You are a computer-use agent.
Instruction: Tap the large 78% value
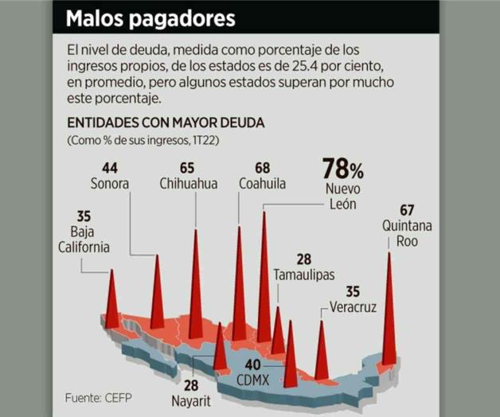click(342, 169)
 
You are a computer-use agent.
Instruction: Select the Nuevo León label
click(343, 197)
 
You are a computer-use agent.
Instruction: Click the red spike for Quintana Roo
click(389, 318)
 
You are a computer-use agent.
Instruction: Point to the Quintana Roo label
click(407, 233)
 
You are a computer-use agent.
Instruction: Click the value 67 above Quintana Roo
click(407, 210)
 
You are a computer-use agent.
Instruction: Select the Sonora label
click(110, 183)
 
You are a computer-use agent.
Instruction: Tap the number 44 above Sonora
click(110, 167)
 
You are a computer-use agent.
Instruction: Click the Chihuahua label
click(188, 183)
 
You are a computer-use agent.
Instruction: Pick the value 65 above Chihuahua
click(188, 167)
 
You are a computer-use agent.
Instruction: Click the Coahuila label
click(262, 183)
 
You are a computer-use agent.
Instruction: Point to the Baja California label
click(84, 240)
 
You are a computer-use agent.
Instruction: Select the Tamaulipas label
click(303, 275)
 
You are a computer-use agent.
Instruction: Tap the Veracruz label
click(353, 307)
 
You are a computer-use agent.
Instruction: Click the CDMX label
click(254, 379)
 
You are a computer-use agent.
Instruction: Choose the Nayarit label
click(191, 400)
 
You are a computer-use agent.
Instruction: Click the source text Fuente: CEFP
click(98, 396)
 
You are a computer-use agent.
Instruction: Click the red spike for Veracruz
click(322, 354)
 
